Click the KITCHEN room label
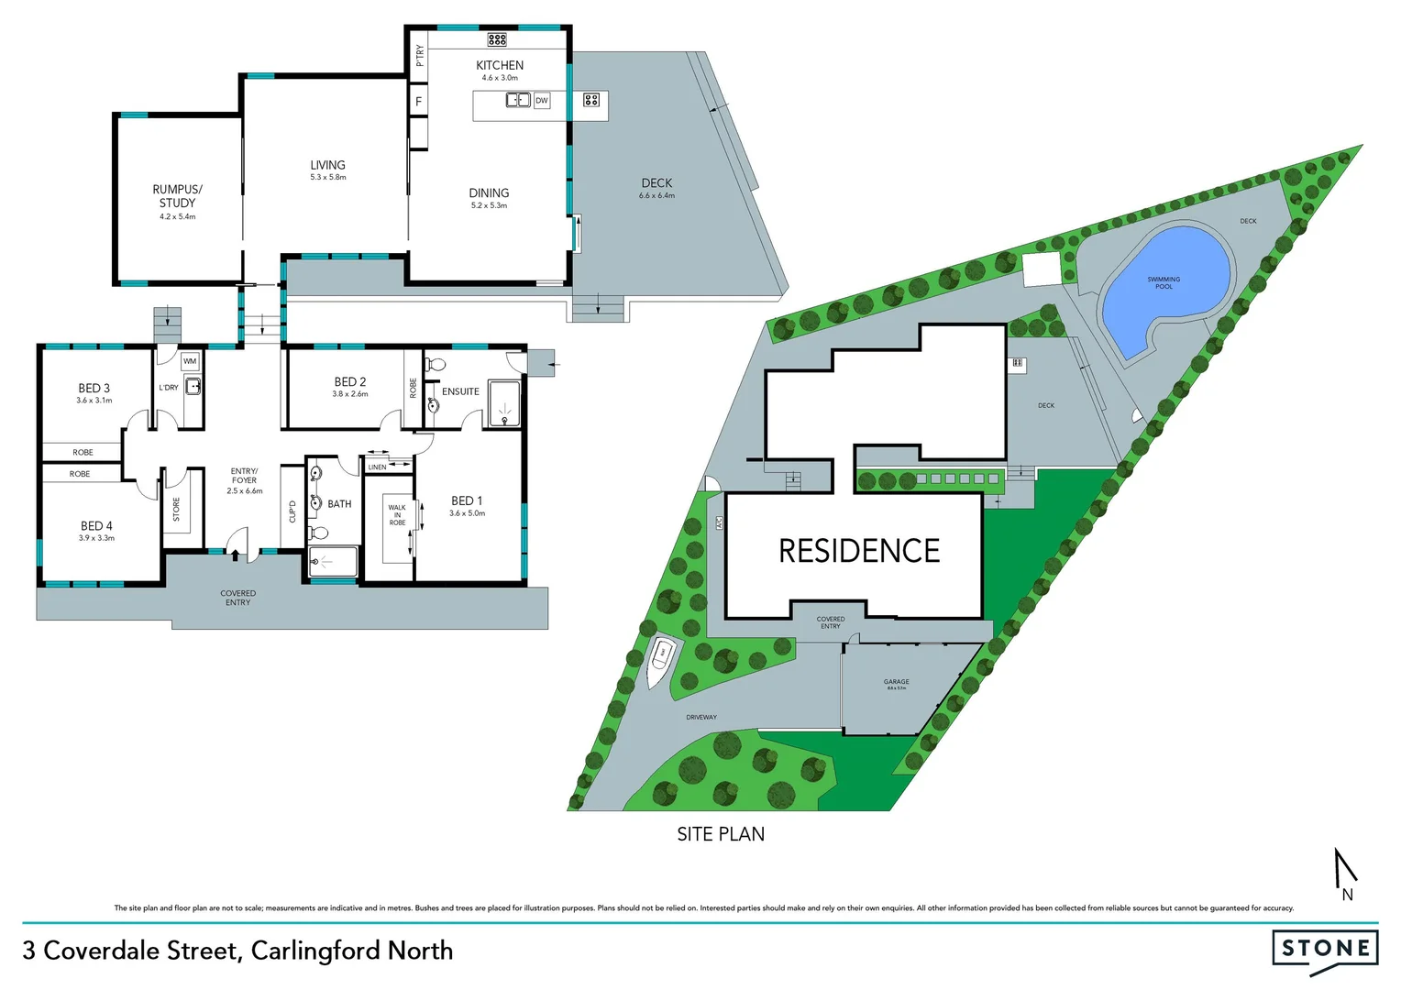coord(500,65)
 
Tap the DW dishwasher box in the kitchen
coord(542,100)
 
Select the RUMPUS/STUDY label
coord(177,196)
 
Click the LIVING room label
coord(327,165)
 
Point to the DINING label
coord(489,192)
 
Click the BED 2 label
coord(350,381)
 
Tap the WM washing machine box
coord(190,361)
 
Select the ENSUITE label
coord(460,391)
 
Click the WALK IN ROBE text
coord(397,514)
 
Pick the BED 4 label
coord(96,525)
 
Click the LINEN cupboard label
coord(377,467)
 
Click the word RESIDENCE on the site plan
coord(859,551)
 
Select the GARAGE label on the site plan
coord(896,682)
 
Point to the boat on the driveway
coord(661,659)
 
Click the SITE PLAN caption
coord(721,834)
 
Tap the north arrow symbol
coord(1344,874)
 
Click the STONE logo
coord(1325,948)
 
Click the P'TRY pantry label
coord(419,55)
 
